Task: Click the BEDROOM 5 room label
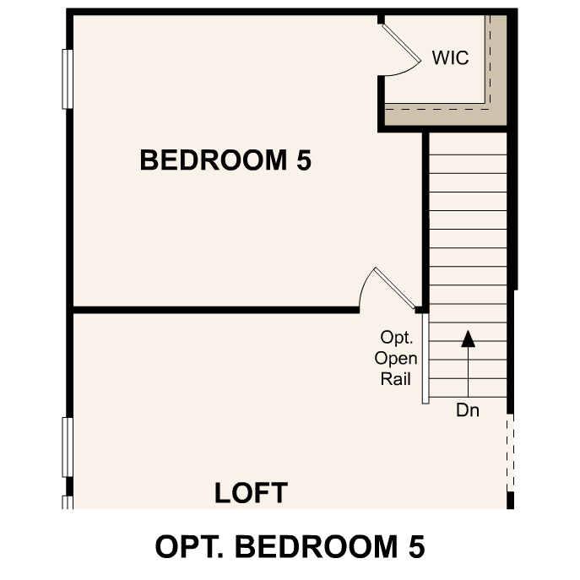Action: click(x=225, y=160)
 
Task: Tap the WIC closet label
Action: click(x=450, y=58)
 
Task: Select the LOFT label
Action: click(x=251, y=493)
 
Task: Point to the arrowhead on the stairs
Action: click(x=468, y=339)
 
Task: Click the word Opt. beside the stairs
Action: click(x=396, y=338)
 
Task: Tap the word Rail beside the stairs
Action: click(x=395, y=380)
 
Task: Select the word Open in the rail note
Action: click(x=396, y=359)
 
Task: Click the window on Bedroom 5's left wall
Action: click(x=68, y=79)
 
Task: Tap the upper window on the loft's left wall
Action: click(x=68, y=447)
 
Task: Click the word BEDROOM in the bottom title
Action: click(x=317, y=546)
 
